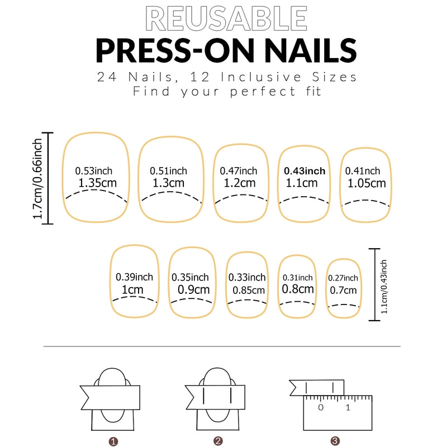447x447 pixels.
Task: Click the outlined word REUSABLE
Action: tap(225, 18)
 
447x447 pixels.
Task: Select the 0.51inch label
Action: tap(168, 171)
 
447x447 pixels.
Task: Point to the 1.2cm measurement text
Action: tap(240, 183)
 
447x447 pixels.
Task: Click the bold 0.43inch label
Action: tap(305, 171)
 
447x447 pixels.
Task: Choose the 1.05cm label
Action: tap(367, 183)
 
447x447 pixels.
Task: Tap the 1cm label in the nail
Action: tap(132, 289)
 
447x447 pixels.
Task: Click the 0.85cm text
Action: tap(249, 290)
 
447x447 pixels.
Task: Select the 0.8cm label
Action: tap(298, 289)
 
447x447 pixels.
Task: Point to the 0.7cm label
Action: tap(343, 290)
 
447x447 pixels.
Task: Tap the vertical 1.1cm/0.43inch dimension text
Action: tap(384, 284)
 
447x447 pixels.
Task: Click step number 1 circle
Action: tap(114, 441)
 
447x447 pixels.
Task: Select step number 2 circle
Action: tap(218, 441)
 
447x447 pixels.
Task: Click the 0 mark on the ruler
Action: tap(321, 407)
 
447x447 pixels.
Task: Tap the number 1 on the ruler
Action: tap(348, 407)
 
